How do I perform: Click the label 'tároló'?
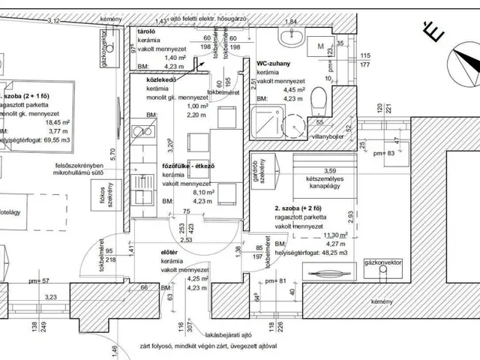(146, 33)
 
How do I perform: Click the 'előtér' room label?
(169, 253)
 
